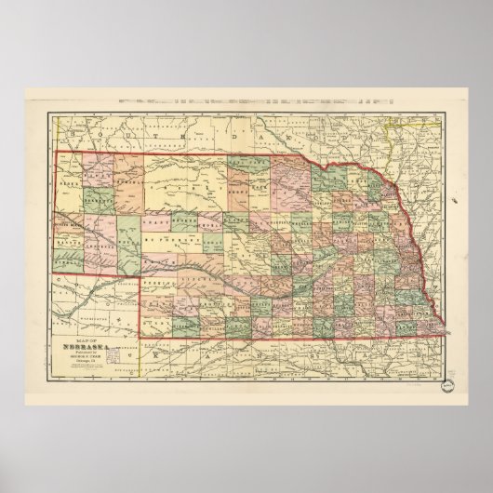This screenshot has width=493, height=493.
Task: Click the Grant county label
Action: (151, 220)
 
